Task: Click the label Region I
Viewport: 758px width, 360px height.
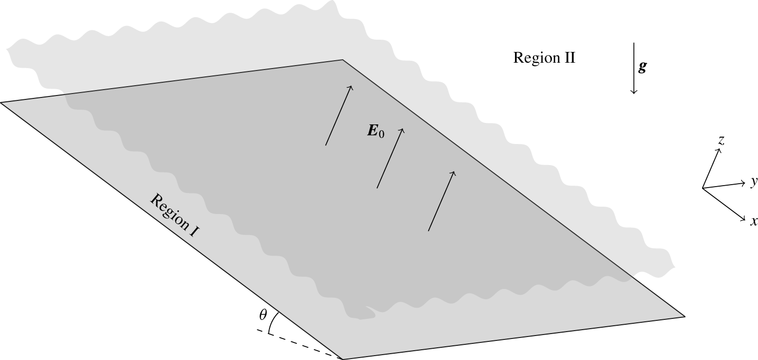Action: [174, 216]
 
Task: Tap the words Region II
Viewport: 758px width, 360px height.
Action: [544, 58]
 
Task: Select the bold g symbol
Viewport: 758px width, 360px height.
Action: [642, 67]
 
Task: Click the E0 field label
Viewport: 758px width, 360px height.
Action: [375, 131]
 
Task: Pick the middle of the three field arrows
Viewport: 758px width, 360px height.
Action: [390, 158]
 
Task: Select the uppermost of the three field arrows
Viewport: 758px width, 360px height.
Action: [339, 116]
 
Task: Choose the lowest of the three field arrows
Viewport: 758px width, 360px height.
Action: [441, 201]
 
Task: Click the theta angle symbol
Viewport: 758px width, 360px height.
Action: [263, 315]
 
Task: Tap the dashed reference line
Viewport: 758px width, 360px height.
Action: [299, 344]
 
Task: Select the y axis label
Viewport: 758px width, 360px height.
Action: [754, 182]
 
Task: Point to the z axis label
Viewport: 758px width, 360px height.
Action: [721, 141]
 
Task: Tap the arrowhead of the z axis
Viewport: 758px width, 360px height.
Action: [719, 150]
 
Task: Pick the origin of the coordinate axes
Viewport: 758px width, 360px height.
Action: [703, 188]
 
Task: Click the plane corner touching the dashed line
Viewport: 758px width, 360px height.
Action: [342, 359]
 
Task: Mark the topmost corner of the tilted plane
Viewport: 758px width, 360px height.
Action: [342, 60]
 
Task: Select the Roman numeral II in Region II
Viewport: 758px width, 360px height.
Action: [569, 58]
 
